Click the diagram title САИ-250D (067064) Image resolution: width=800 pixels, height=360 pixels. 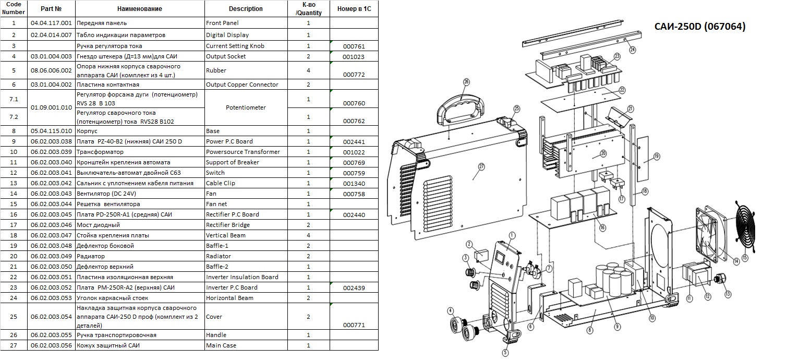(x=700, y=27)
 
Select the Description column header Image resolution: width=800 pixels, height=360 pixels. (x=246, y=8)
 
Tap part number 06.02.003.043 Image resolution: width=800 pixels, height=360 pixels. (x=51, y=194)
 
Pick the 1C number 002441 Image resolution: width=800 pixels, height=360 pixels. (x=354, y=142)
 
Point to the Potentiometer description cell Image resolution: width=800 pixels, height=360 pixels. (x=246, y=107)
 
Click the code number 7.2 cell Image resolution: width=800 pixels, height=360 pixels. (x=14, y=117)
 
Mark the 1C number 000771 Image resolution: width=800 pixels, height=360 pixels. (x=354, y=325)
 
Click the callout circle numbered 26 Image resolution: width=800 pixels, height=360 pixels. (x=466, y=82)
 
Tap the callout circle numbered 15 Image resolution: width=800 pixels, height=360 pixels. (x=745, y=258)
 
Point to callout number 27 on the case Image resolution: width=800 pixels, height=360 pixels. (x=481, y=166)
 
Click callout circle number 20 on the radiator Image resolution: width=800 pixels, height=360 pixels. (x=603, y=153)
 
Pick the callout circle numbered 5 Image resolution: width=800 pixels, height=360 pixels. (x=505, y=353)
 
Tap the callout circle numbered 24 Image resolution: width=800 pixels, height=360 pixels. (x=633, y=50)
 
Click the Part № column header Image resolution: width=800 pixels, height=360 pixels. (x=51, y=8)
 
